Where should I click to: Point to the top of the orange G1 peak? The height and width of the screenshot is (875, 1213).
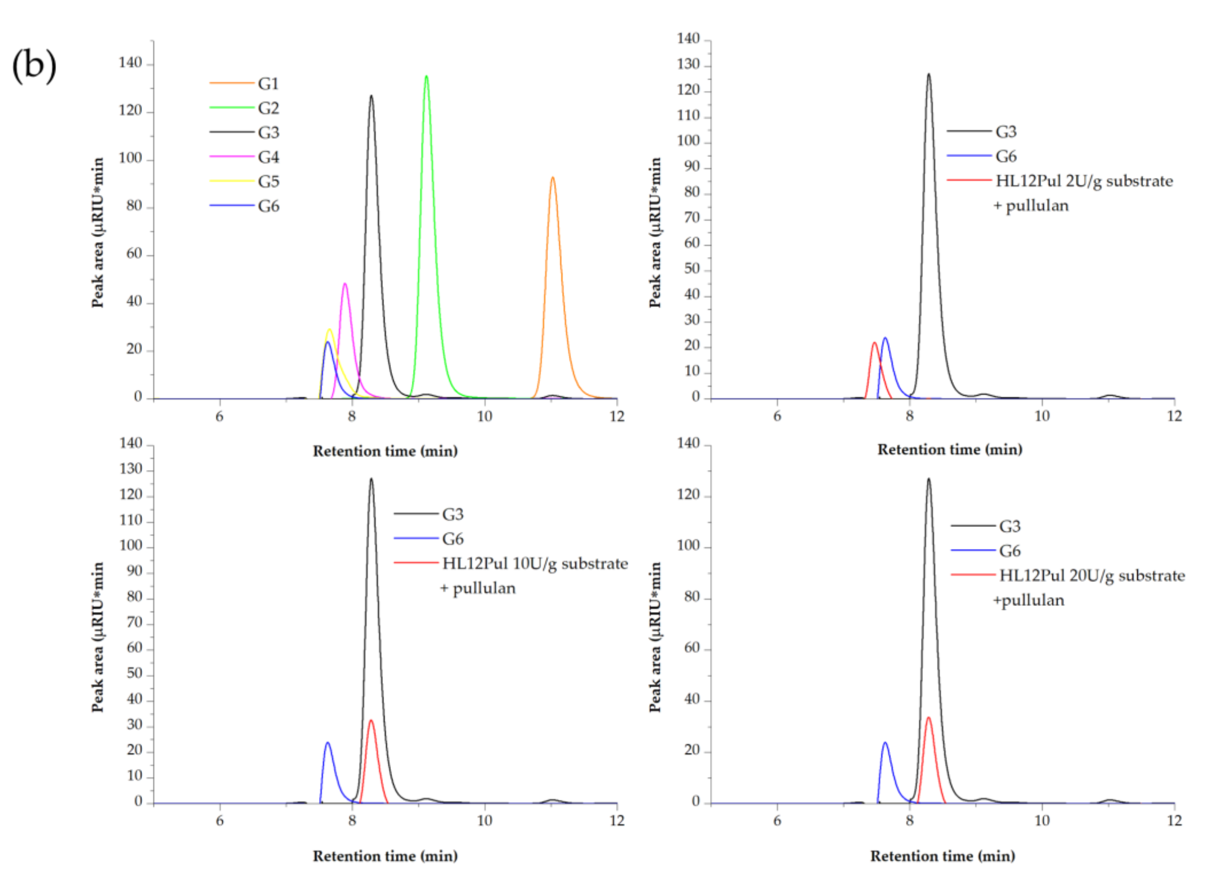(x=553, y=178)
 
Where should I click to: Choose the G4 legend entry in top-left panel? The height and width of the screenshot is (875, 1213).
(x=268, y=157)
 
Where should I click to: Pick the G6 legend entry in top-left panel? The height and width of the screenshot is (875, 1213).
(x=268, y=206)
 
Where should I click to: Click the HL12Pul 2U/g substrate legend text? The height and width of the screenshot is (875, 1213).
(x=1084, y=181)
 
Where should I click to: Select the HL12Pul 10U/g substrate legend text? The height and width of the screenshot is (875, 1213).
(x=535, y=564)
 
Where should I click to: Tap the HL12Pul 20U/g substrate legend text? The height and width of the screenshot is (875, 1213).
(x=1092, y=576)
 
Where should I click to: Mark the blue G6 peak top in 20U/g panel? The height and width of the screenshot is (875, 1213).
(x=885, y=743)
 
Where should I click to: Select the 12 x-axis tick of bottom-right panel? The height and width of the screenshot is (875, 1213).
(x=1174, y=820)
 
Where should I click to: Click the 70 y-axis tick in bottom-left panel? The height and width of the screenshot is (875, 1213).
(x=135, y=623)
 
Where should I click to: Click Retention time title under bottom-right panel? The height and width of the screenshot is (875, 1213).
(x=942, y=856)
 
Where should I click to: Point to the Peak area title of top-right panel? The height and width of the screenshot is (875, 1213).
(x=655, y=232)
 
